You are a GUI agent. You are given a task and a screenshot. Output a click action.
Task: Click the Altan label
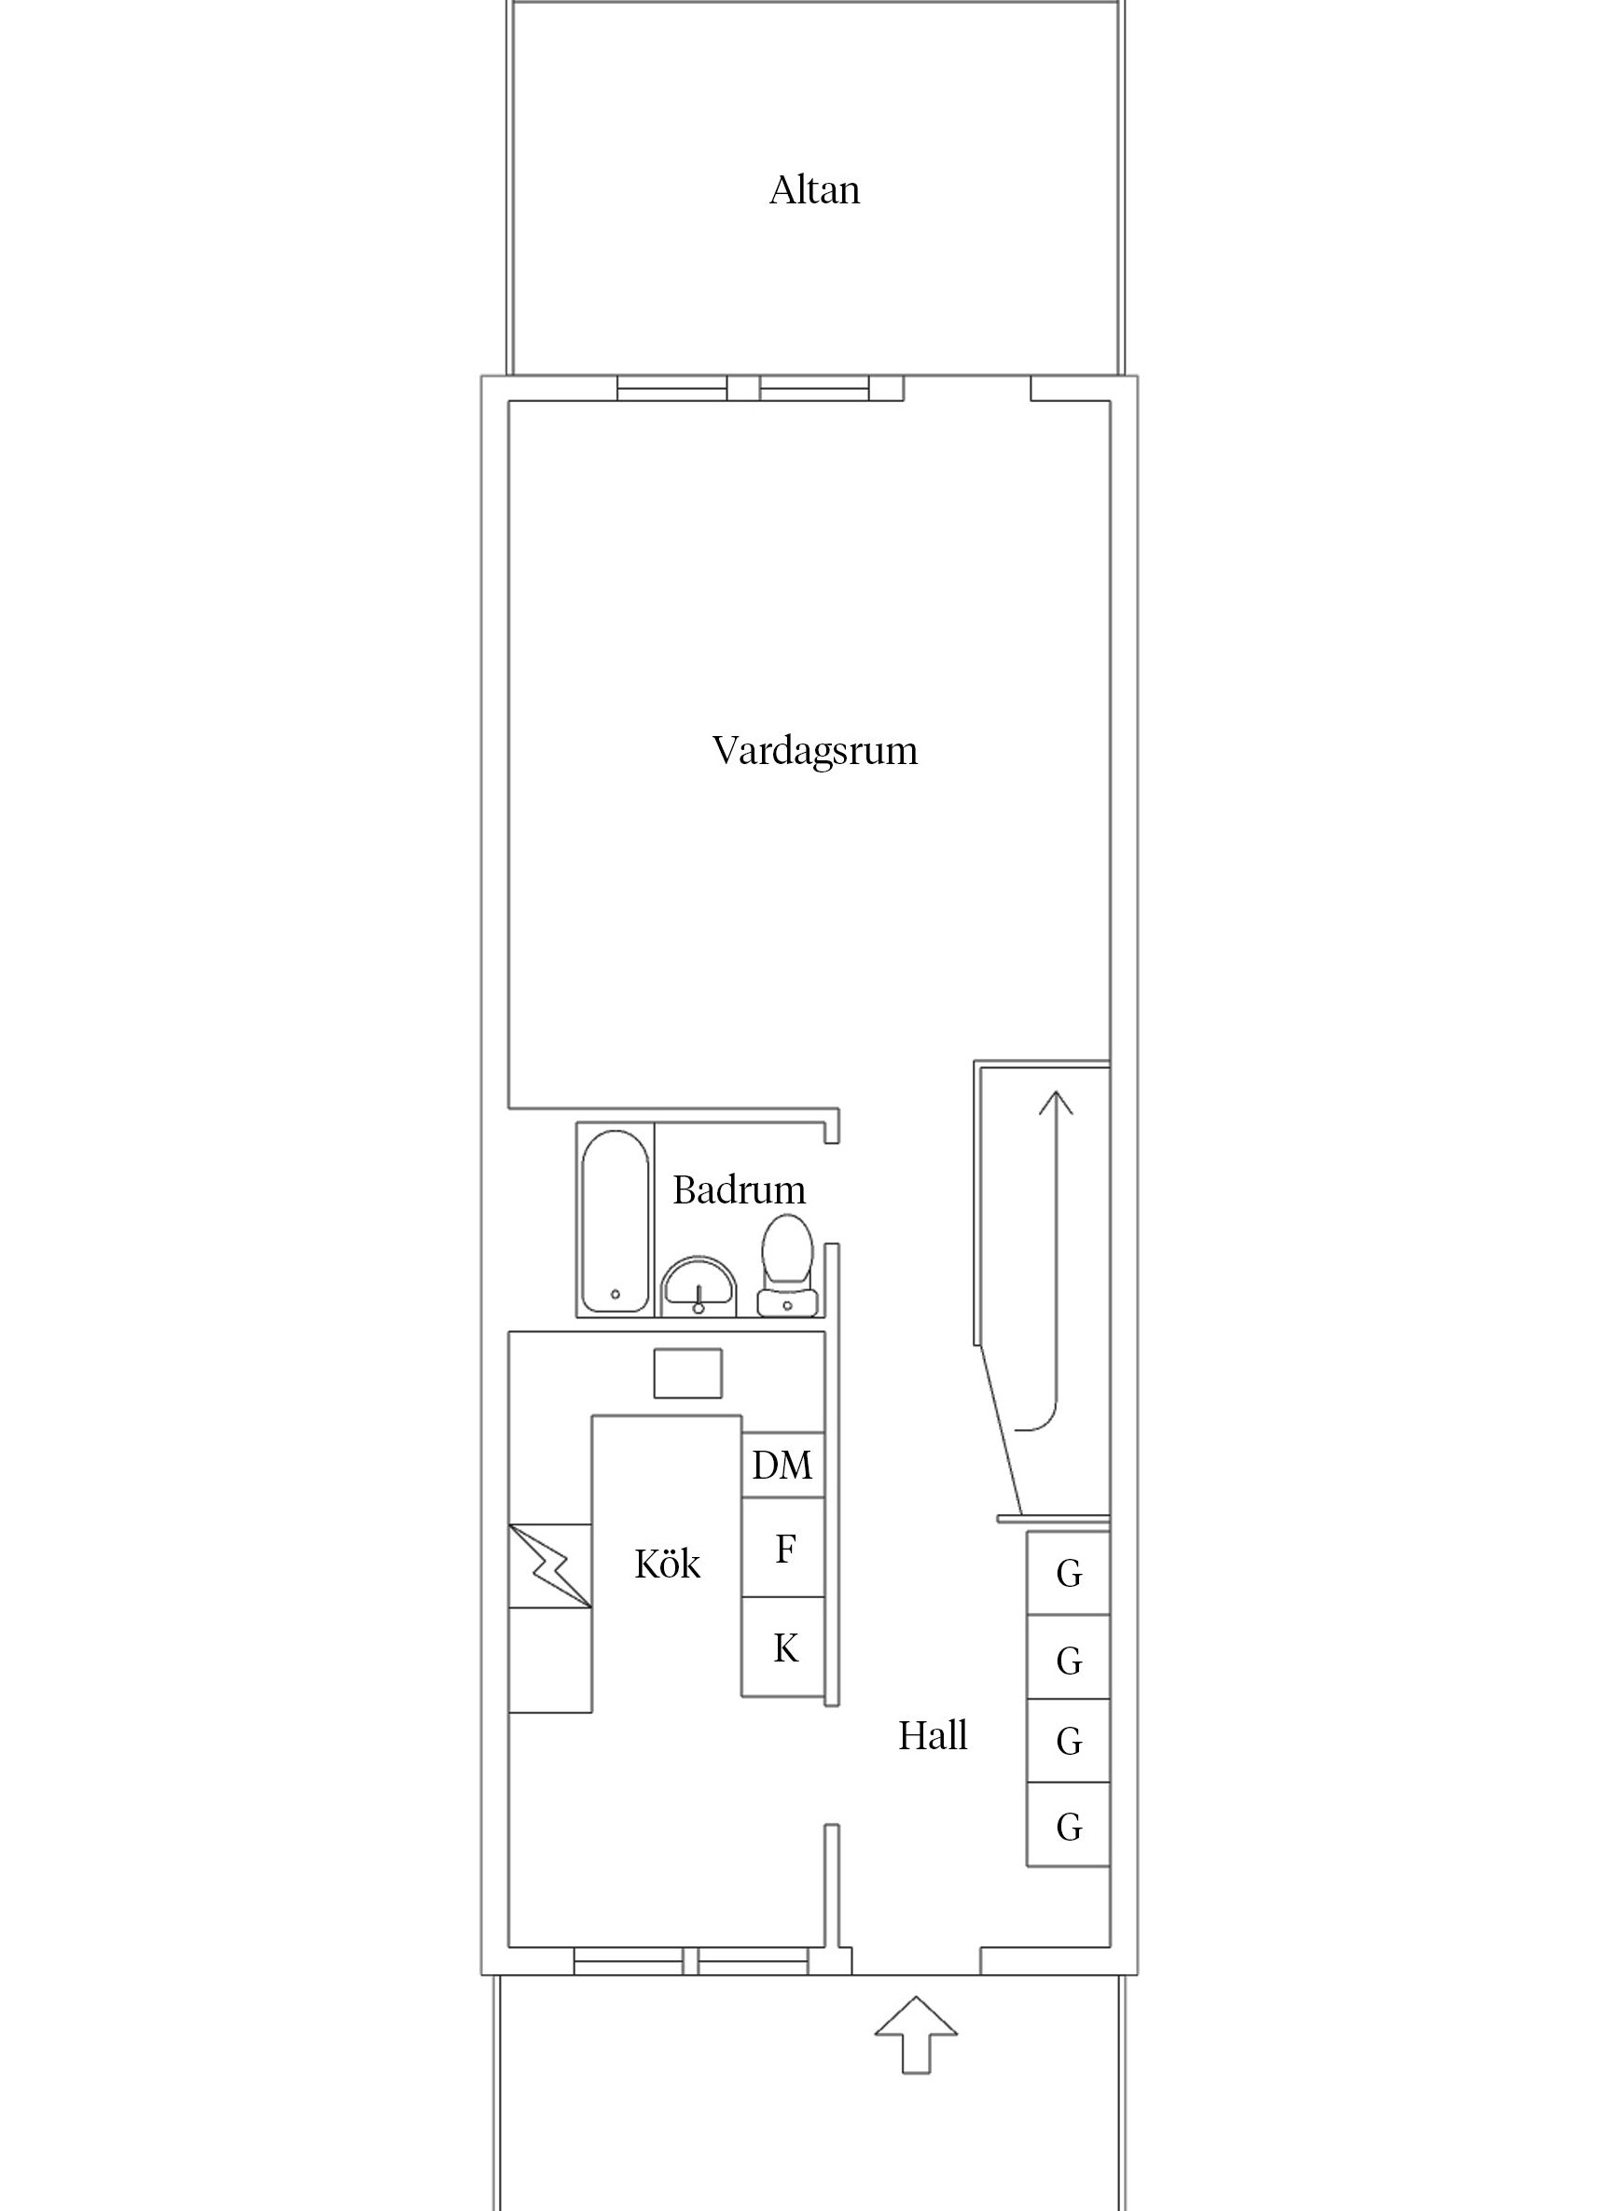coord(814,190)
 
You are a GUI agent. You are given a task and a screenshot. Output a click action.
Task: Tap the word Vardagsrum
coord(814,751)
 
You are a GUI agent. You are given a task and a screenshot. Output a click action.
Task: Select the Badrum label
coord(739,1190)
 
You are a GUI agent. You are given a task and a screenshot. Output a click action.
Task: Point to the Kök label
coord(668,1565)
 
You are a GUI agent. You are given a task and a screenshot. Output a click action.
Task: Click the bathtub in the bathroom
coord(615,1221)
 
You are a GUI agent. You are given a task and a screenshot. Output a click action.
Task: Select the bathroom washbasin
coord(699,1286)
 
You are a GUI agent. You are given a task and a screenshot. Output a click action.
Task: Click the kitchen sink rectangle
coord(688,1373)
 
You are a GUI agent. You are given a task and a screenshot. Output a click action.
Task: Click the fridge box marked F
coord(783,1550)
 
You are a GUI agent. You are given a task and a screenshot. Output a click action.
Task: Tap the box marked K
coord(784,1648)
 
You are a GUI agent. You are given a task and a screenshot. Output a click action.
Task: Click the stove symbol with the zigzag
coord(550,1566)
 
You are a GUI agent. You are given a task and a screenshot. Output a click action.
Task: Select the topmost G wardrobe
coord(1068,1573)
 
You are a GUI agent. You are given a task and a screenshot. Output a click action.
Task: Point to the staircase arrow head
coord(1056,1104)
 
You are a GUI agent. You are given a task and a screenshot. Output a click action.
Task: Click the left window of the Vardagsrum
coord(672,389)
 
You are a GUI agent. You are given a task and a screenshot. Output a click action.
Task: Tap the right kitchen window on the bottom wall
coord(752,1961)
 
